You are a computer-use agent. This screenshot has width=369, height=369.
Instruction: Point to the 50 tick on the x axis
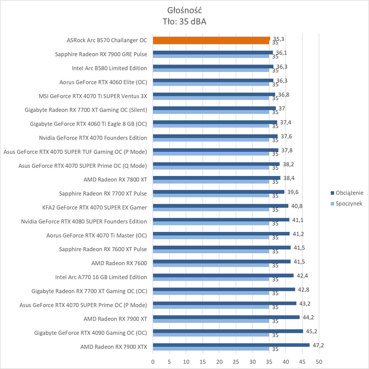pos(319,362)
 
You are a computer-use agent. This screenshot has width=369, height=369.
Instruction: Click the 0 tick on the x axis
pos(153,362)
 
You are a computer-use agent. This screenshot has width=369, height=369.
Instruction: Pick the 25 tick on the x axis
pos(236,362)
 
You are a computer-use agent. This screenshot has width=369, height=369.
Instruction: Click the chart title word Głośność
pos(184,10)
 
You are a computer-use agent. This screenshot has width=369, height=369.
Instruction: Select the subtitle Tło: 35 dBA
pos(184,22)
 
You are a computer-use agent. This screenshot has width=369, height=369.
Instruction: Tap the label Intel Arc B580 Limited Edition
pos(109,68)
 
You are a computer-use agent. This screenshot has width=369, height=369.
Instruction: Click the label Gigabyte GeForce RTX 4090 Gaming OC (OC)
pos(91,333)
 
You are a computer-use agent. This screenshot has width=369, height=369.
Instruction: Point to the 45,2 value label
pos(311,331)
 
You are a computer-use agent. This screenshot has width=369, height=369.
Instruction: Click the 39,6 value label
pos(293,192)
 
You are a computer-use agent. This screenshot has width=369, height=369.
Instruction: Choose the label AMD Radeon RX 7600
pos(119,263)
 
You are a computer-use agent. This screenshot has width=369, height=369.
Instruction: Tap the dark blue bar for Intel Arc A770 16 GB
pos(223,276)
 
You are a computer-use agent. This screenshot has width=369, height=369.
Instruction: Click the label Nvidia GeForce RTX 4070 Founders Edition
pos(93,138)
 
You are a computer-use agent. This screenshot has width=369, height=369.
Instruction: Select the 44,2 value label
pos(308,317)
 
